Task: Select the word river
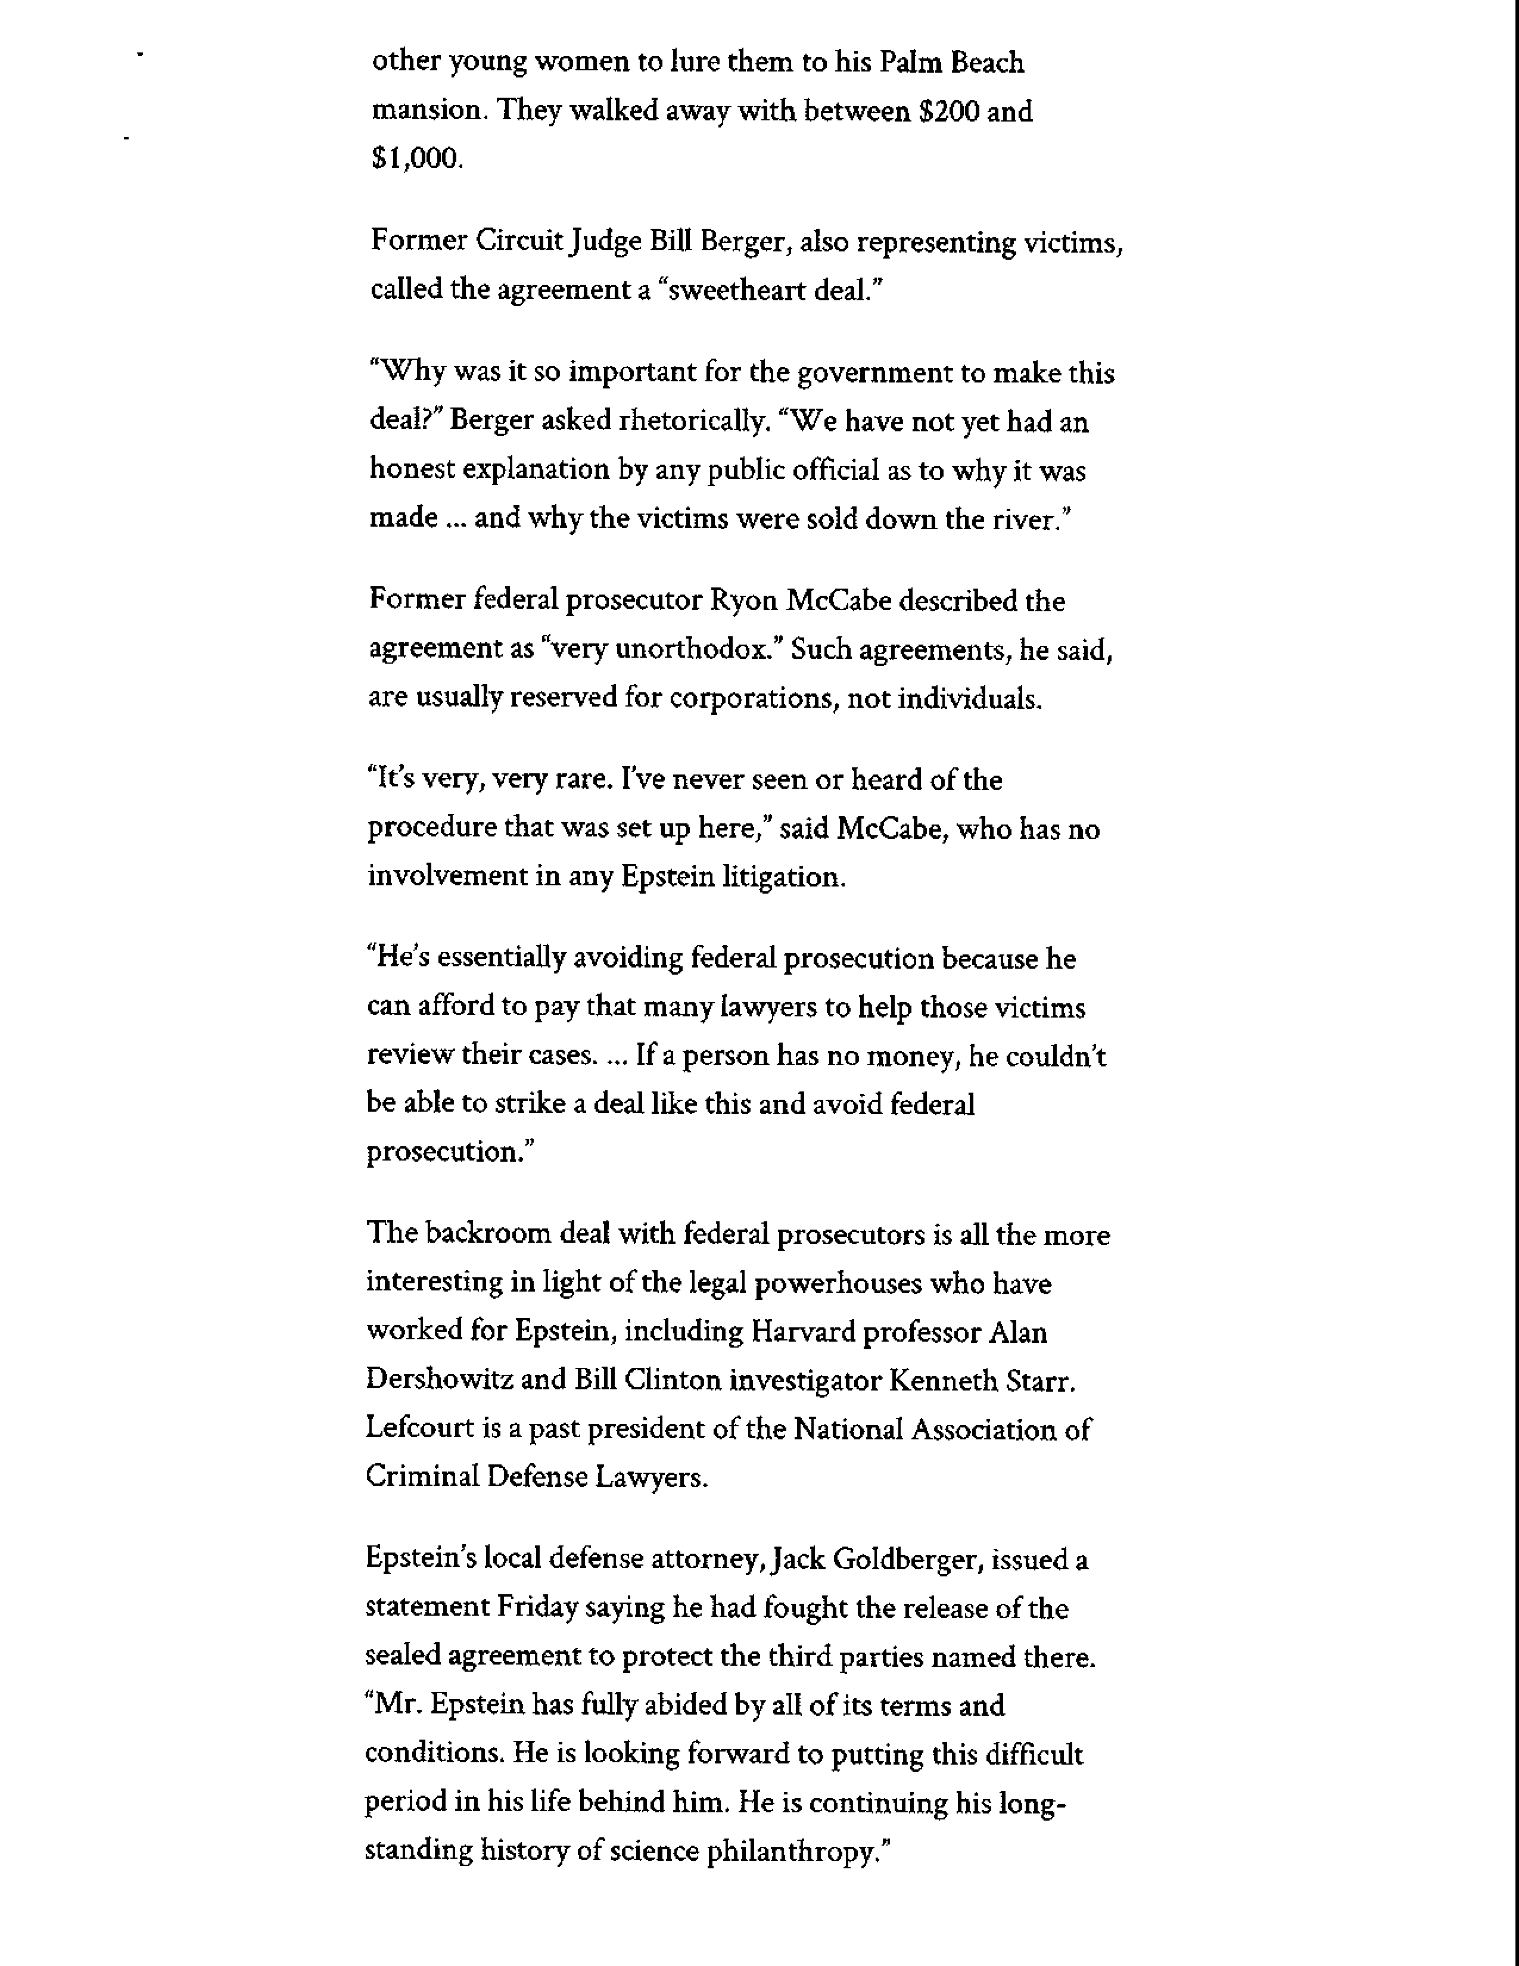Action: point(1026,520)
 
